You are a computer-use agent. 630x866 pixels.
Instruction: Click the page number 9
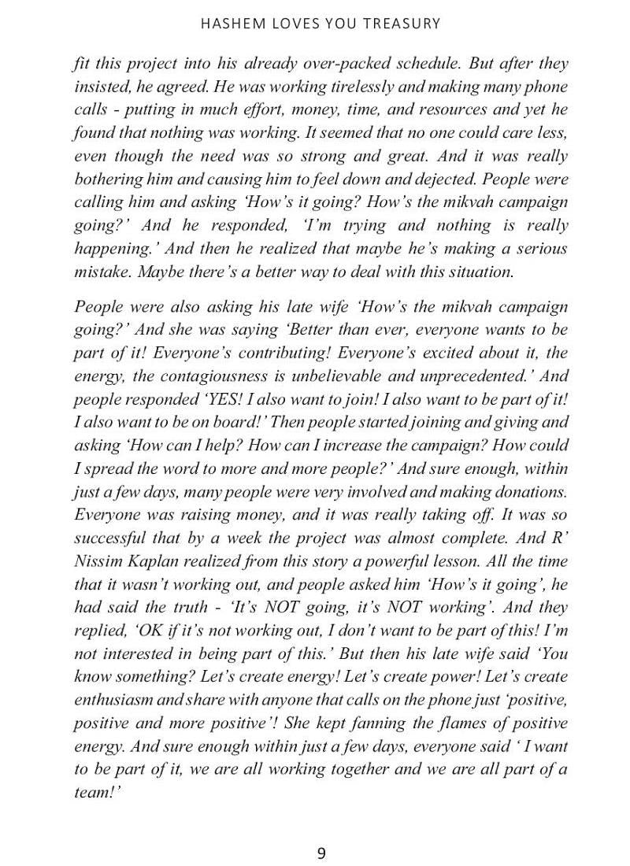pos(321,853)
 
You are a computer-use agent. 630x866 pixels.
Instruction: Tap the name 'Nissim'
pos(98,561)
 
